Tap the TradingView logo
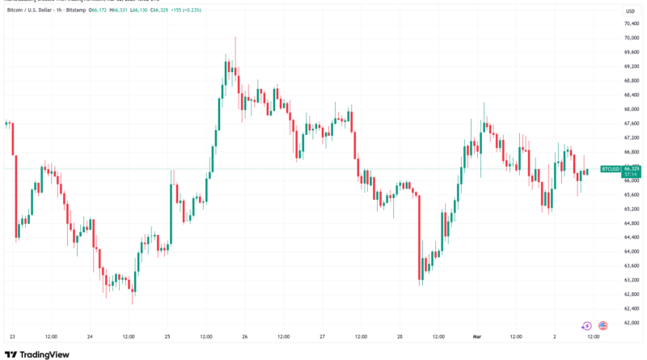[x=37, y=354]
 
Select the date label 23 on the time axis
[x=11, y=336]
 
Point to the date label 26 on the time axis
[x=244, y=336]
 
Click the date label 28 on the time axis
[x=400, y=336]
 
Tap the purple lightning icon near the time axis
[x=586, y=325]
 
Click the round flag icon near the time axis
[x=603, y=325]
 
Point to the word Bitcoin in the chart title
[x=17, y=11]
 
